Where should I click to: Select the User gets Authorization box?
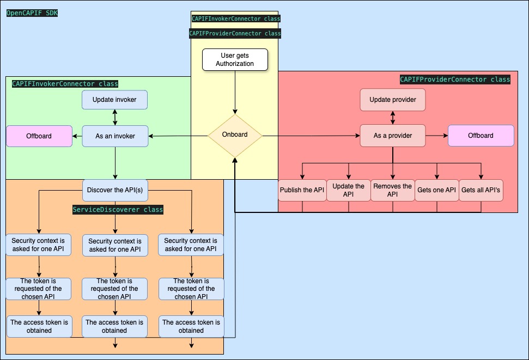click(235, 60)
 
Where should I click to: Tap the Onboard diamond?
click(235, 135)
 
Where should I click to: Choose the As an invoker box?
click(115, 136)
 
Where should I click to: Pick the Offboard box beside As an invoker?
click(39, 136)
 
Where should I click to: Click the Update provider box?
click(392, 100)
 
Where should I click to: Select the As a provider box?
click(393, 136)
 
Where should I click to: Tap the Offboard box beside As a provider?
click(481, 136)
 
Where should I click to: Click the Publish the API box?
click(302, 190)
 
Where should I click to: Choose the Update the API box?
click(349, 190)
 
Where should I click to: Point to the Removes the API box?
click(393, 190)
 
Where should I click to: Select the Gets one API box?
click(436, 190)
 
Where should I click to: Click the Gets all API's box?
click(481, 190)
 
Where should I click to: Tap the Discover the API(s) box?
click(115, 190)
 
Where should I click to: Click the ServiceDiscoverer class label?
click(118, 210)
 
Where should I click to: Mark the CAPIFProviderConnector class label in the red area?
click(455, 80)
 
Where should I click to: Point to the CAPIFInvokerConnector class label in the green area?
click(65, 84)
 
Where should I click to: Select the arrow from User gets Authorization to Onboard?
click(235, 93)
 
